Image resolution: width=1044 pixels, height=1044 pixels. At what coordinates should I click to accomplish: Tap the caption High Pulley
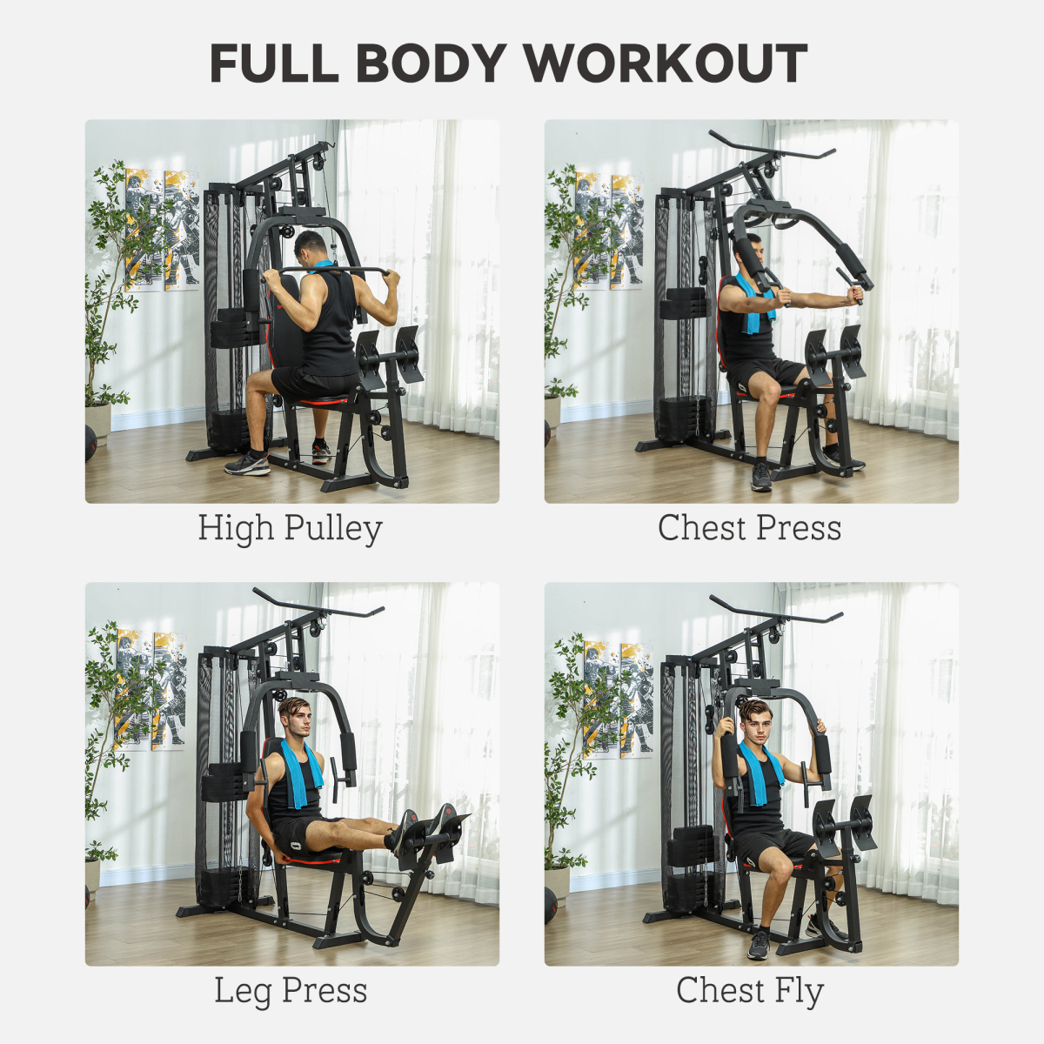(290, 528)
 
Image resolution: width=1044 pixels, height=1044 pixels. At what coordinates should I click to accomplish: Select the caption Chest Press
(749, 528)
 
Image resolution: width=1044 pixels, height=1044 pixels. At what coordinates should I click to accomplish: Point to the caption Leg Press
(291, 991)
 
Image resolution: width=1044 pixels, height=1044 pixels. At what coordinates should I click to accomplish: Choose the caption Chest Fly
(749, 991)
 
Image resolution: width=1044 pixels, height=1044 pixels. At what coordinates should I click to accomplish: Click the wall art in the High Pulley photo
(163, 229)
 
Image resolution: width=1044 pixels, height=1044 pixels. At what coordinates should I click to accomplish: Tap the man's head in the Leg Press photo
(293, 718)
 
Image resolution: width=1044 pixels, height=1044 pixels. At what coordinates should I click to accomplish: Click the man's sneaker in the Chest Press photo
(761, 477)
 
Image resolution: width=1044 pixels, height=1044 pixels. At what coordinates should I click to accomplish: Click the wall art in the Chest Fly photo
(618, 699)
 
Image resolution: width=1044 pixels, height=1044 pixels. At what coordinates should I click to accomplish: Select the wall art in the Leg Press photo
(151, 690)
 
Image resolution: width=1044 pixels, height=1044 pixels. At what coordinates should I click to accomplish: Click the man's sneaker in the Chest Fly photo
(759, 944)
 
